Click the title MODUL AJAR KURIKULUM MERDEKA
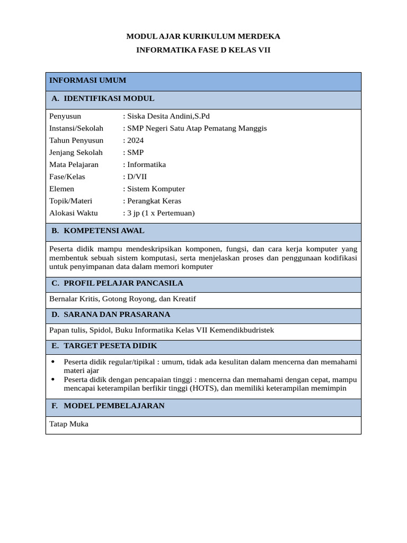click(203, 36)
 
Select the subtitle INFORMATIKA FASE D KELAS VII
click(203, 50)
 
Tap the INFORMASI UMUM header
click(88, 81)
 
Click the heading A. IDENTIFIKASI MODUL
click(103, 99)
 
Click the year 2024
click(135, 141)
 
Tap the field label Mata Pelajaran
click(74, 164)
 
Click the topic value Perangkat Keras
click(154, 201)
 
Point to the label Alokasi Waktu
click(73, 213)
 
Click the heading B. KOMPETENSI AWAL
click(98, 231)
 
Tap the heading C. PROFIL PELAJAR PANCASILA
click(117, 283)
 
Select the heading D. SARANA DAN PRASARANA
click(111, 314)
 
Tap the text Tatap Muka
click(69, 424)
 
